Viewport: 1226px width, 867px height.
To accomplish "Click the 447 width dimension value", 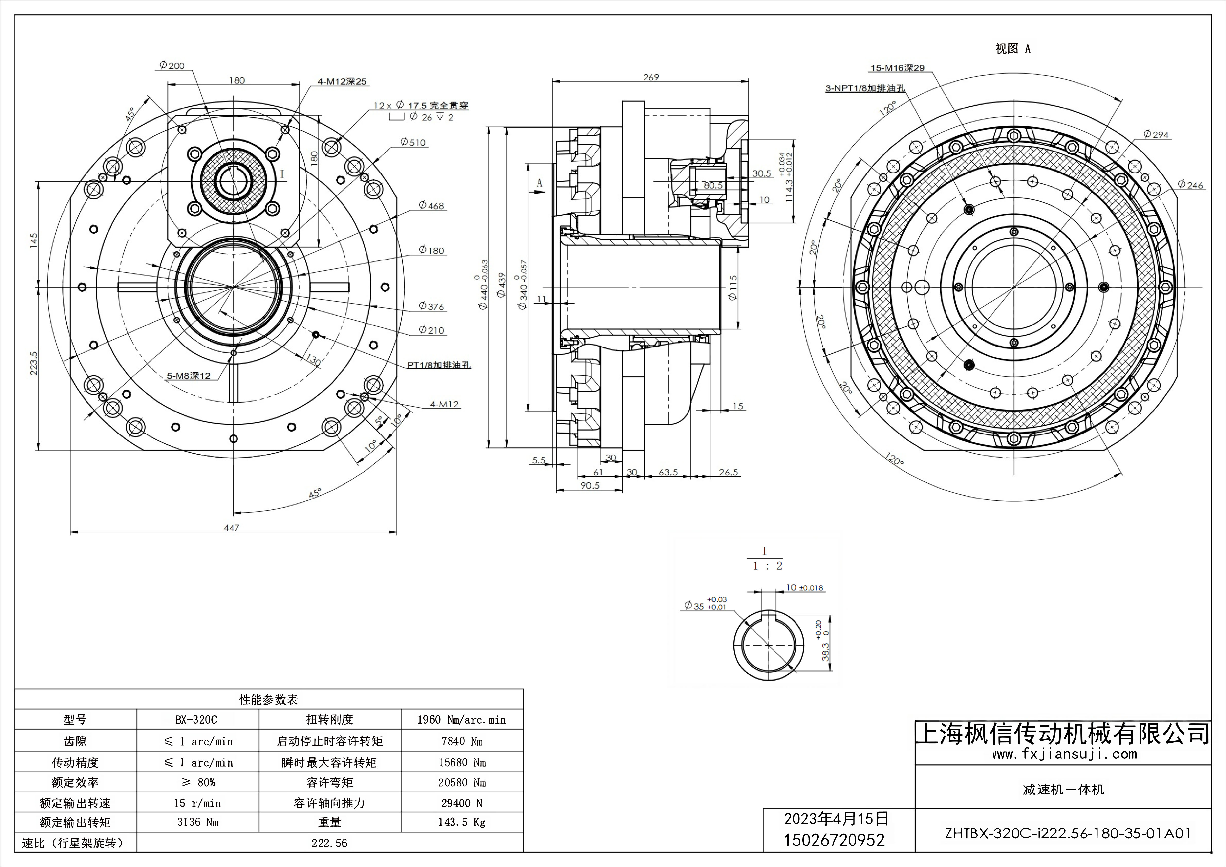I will tap(231, 527).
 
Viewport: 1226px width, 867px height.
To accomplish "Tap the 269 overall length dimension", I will tap(651, 77).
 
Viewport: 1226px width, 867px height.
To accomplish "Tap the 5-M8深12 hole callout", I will tap(189, 376).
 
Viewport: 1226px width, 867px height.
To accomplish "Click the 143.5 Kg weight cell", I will tap(462, 822).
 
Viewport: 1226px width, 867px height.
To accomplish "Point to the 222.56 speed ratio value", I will tap(329, 843).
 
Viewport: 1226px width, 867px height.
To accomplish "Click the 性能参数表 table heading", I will tap(269, 699).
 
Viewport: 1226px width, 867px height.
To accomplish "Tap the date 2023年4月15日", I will tap(836, 818).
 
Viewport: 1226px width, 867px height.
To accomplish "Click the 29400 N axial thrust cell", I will tap(462, 803).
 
